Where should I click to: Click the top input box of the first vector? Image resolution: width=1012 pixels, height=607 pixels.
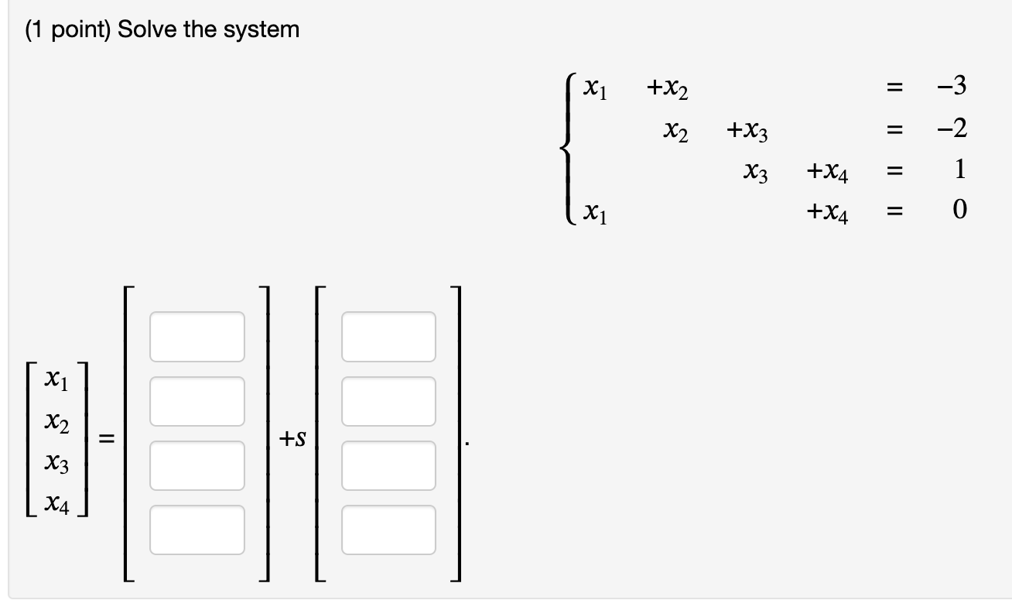coord(197,336)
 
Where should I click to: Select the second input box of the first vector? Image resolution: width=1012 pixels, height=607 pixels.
coord(197,401)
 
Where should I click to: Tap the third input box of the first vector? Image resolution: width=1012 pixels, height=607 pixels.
coord(197,465)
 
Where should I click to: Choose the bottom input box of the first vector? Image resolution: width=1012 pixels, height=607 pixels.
coord(197,530)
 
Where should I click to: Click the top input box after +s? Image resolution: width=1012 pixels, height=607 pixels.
coord(388,336)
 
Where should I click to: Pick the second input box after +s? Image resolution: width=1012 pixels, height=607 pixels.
coord(388,401)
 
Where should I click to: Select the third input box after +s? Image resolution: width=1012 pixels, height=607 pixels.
coord(388,465)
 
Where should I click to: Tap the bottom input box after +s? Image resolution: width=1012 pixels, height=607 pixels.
coord(388,530)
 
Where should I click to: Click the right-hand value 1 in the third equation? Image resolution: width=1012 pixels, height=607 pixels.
coord(959,170)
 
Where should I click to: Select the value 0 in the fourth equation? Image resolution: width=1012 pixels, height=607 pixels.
coord(959,209)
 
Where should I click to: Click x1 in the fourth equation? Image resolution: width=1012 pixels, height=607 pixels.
coord(595,211)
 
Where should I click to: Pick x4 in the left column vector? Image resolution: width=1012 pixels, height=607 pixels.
coord(59,506)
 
